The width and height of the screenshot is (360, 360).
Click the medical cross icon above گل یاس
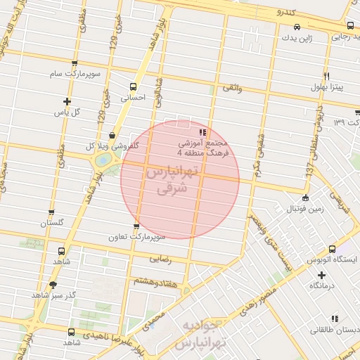67,101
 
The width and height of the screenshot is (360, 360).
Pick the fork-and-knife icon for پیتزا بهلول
327,76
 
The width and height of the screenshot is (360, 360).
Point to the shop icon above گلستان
51,212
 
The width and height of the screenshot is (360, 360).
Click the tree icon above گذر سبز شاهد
53,285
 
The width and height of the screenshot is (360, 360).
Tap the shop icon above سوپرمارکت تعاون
136,226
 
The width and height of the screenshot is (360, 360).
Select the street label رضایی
161,259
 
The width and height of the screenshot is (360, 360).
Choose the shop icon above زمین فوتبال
304,198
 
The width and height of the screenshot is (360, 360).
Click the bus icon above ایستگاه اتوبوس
333,249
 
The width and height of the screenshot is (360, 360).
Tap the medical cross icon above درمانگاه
321,274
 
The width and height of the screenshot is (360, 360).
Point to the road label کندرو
288,13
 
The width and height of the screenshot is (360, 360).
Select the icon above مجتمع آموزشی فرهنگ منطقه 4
202,131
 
